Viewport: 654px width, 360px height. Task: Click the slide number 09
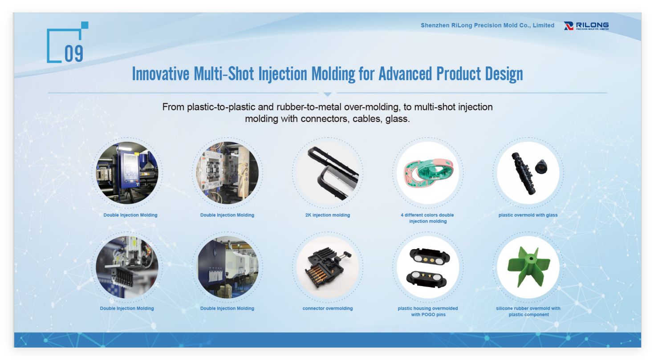point(74,53)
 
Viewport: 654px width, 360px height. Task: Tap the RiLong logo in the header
point(586,26)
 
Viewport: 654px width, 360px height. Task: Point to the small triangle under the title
point(328,94)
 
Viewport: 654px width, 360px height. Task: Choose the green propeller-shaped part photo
point(529,267)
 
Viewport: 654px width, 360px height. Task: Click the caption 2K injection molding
point(328,215)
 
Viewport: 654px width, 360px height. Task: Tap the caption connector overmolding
point(328,308)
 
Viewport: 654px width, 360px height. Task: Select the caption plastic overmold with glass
point(528,215)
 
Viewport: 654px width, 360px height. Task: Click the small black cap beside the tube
point(541,166)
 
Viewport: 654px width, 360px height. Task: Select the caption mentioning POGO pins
point(428,311)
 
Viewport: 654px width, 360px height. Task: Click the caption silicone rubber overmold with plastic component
point(528,311)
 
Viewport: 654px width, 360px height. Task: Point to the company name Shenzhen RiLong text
point(487,25)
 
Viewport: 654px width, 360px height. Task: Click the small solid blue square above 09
point(85,25)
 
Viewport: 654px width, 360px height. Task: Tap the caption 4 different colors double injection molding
point(427,218)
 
